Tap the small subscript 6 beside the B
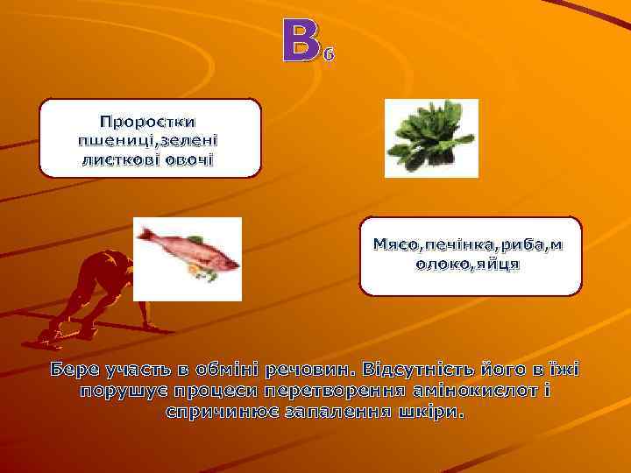point(329,56)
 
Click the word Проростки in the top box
point(148,121)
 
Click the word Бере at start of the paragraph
point(76,369)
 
